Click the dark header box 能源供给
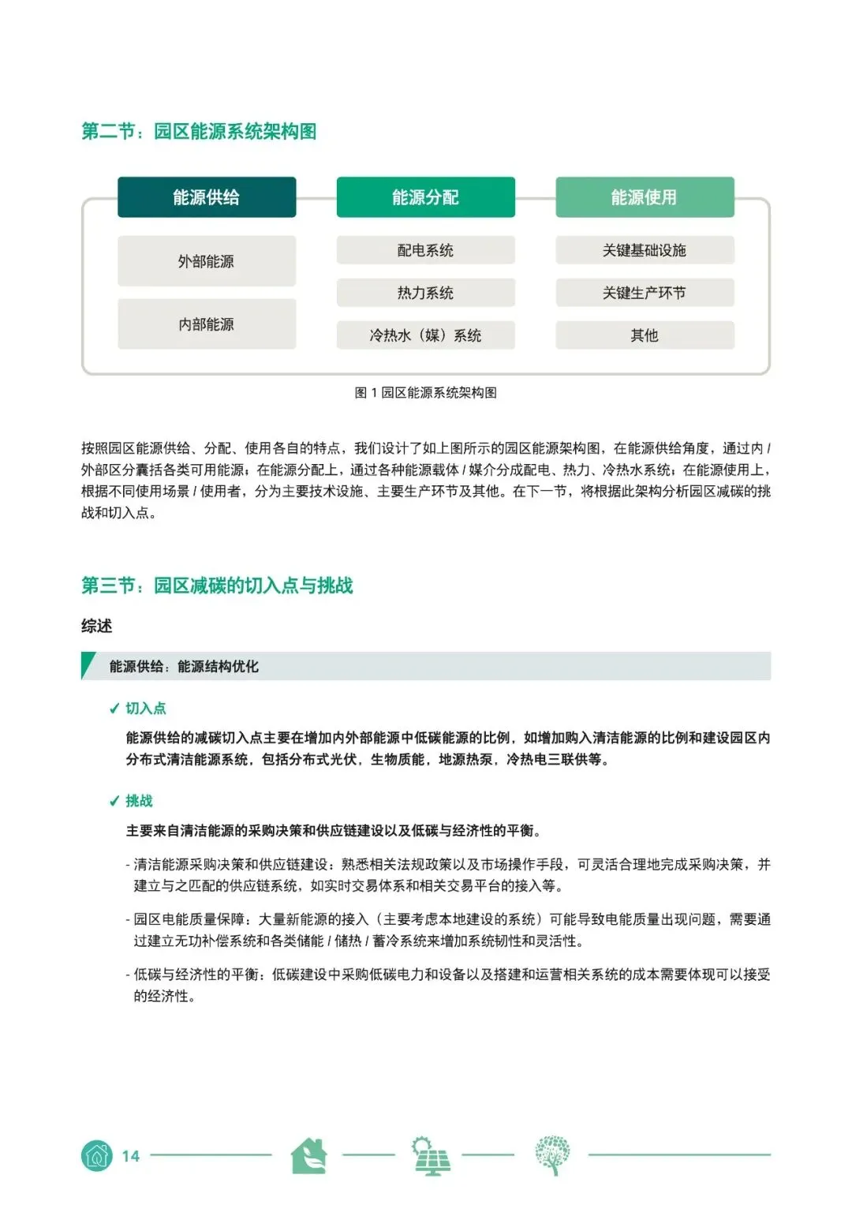pos(207,197)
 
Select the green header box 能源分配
pos(425,197)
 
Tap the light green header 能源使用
pos(645,197)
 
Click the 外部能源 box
pos(207,261)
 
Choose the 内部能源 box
pos(207,324)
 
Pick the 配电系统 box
pos(425,250)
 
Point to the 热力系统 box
pos(425,293)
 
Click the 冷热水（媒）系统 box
pos(425,335)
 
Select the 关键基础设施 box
pos(645,250)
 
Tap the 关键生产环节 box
pos(645,293)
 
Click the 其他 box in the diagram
pos(645,335)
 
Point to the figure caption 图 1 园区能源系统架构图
pos(425,393)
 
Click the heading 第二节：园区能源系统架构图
pos(199,131)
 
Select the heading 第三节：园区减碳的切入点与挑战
pos(217,586)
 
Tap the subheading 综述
pos(97,626)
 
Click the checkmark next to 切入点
pos(114,709)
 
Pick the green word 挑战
pos(139,801)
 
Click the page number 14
pos(130,1156)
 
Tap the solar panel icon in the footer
pos(431,1156)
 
